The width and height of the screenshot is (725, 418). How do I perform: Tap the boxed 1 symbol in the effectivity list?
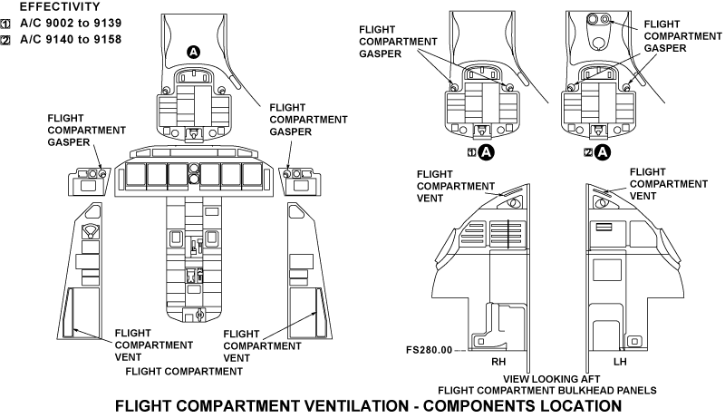[x=7, y=24]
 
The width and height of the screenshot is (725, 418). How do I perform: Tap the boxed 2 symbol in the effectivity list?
[x=7, y=40]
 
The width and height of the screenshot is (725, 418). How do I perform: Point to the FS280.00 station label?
[x=430, y=349]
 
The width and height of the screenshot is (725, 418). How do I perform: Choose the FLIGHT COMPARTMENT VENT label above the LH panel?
[x=668, y=184]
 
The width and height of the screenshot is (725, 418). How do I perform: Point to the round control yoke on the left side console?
[x=90, y=233]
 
